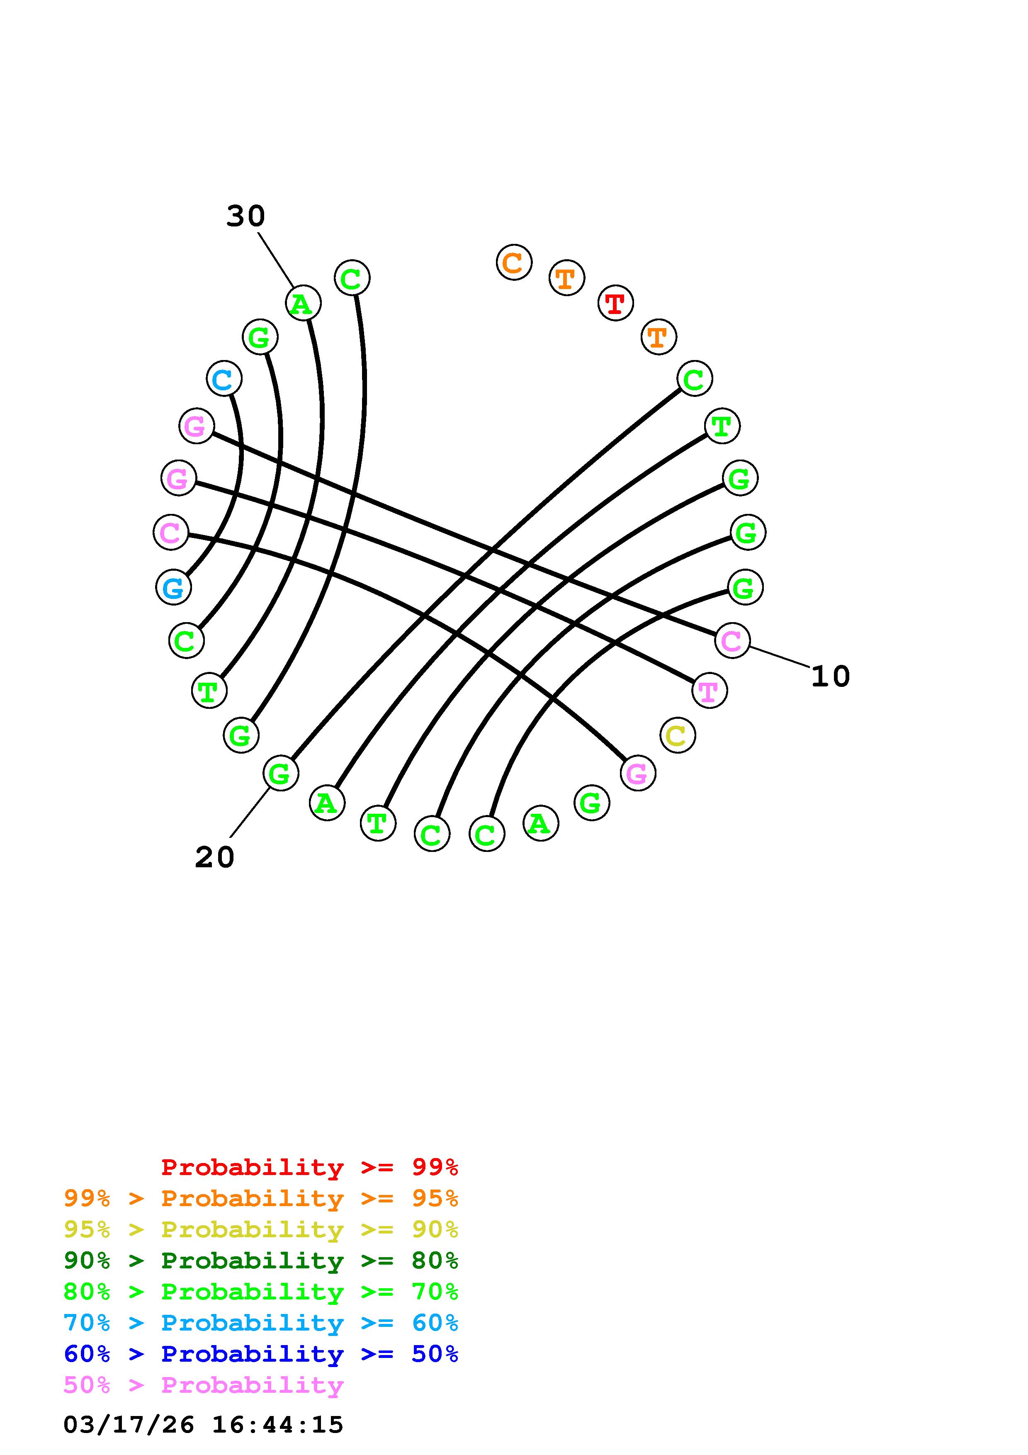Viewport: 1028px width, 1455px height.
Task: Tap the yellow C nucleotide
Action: pos(677,735)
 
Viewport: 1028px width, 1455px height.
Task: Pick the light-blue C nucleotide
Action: pos(224,379)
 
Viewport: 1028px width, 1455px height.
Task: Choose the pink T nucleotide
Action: pos(709,690)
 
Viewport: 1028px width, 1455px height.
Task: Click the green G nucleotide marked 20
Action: pos(280,773)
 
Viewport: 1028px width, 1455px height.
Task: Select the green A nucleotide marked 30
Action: pos(303,304)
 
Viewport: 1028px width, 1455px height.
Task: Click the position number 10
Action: pos(830,676)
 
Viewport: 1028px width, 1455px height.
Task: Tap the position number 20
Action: pos(214,857)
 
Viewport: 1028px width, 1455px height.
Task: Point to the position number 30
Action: pos(245,216)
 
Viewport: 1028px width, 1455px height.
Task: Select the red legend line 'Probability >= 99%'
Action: pos(310,1167)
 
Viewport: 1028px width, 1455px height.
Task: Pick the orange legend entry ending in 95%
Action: pos(261,1198)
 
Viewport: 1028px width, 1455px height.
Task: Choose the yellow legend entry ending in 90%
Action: pos(261,1229)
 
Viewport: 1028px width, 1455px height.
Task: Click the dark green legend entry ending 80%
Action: pos(261,1260)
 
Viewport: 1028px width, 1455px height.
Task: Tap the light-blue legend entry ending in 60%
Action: pos(261,1323)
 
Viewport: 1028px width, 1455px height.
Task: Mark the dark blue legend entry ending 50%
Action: pos(261,1354)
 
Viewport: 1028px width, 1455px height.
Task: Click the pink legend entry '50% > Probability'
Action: pos(203,1384)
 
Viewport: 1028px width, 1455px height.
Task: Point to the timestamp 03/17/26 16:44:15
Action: pos(203,1425)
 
